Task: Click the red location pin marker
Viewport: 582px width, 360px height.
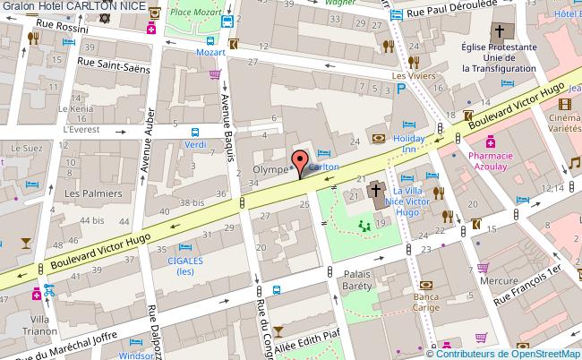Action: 299,165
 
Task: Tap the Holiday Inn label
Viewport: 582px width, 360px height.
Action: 409,144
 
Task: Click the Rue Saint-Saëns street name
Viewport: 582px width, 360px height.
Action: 113,61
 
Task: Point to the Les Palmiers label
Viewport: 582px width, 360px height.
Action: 86,193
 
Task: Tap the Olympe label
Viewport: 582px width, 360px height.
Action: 270,168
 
